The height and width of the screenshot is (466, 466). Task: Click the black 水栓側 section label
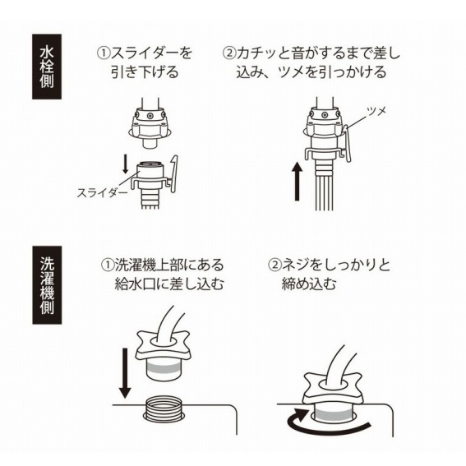tap(47, 67)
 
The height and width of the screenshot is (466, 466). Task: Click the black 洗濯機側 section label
tap(47, 285)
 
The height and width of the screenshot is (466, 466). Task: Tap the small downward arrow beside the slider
tap(126, 165)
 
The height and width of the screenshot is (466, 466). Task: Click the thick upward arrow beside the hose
tap(297, 182)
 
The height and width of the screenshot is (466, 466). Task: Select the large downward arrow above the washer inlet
tap(125, 373)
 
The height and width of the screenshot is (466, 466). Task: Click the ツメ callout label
tap(376, 111)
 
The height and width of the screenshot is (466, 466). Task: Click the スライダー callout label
tap(102, 193)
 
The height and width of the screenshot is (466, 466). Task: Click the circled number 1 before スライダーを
tap(104, 53)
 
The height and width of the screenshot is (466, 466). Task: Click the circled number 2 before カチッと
tap(228, 53)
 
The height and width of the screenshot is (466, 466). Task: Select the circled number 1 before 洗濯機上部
tap(108, 265)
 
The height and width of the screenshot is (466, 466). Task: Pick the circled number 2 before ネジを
tap(274, 265)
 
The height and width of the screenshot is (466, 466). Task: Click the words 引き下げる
tap(145, 72)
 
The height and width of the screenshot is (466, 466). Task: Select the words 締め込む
tap(309, 284)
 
